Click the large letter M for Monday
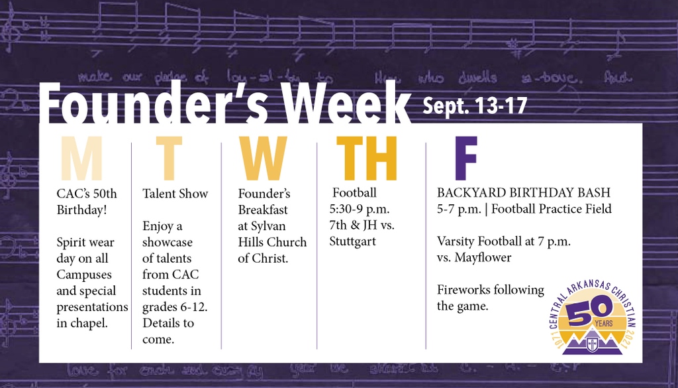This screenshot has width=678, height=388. click(81, 159)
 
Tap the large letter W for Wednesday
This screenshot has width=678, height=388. click(264, 159)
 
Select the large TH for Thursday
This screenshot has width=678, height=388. click(366, 159)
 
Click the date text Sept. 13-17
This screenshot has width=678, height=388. click(475, 105)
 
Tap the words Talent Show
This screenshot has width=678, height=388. click(175, 194)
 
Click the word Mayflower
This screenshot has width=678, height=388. click(483, 257)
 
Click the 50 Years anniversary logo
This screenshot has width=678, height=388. click(591, 315)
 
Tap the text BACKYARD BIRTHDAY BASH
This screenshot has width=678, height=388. click(524, 193)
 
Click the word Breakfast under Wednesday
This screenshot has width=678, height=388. click(263, 210)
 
